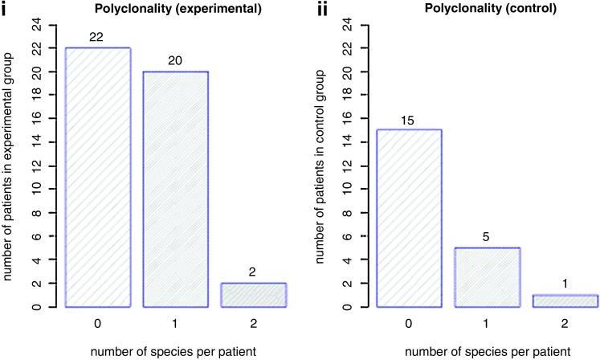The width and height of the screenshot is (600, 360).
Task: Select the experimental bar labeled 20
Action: pyautogui.click(x=177, y=189)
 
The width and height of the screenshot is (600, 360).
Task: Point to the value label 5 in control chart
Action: pyautogui.click(x=485, y=237)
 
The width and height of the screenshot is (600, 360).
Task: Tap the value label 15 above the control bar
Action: pyautogui.click(x=408, y=121)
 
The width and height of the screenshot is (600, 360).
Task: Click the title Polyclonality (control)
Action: pyautogui.click(x=486, y=7)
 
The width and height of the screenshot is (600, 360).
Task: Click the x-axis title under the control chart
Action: pyautogui.click(x=486, y=350)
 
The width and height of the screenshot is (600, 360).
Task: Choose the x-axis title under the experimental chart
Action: pyautogui.click(x=177, y=350)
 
